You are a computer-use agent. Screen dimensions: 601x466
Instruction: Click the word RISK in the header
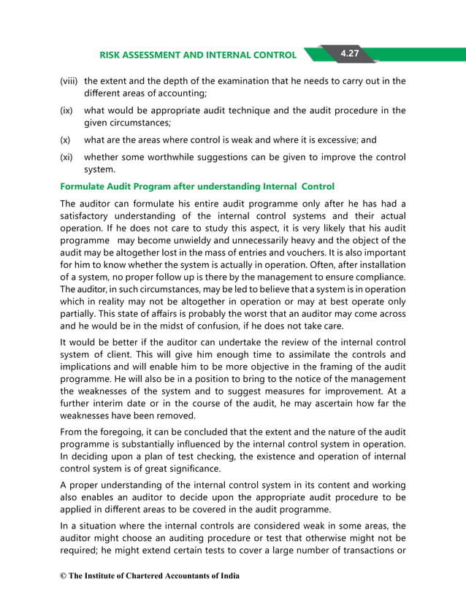[x=112, y=55]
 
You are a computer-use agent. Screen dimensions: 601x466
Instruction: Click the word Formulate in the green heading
[x=84, y=186]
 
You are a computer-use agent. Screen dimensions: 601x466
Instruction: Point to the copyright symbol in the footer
[x=63, y=576]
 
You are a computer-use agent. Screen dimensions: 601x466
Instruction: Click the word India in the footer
[x=228, y=576]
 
